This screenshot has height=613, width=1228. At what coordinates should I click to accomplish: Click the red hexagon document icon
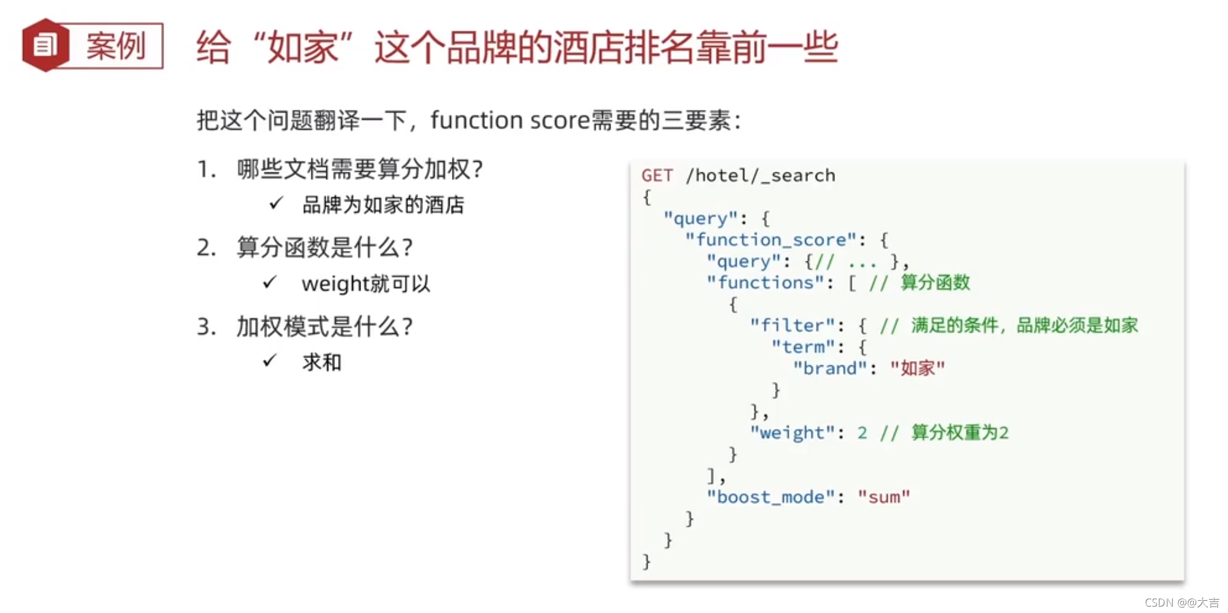point(45,45)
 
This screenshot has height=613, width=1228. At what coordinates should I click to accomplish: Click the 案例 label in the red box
point(116,46)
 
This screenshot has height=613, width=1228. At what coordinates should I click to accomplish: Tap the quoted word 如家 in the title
point(303,47)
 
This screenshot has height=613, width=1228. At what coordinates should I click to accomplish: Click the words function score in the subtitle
point(510,120)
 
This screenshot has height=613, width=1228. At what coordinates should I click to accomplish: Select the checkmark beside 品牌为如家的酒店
point(276,203)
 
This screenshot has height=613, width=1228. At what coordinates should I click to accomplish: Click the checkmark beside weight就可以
point(270,282)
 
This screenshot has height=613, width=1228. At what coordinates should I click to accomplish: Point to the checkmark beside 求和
point(270,361)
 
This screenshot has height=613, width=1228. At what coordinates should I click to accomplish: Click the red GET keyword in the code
point(657,175)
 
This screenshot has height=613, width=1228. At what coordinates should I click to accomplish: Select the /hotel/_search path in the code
point(760,175)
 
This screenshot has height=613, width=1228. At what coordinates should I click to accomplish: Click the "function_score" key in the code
point(770,239)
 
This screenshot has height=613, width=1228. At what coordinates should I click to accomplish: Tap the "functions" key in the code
point(765,282)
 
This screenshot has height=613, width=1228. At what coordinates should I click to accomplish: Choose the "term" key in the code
point(803,346)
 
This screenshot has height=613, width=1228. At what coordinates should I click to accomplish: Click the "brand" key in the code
point(830,368)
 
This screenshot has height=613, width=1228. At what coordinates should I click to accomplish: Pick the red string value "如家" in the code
point(917,368)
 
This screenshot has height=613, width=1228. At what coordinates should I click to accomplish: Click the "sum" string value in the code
point(884,497)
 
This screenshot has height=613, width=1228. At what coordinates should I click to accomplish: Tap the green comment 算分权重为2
point(959,433)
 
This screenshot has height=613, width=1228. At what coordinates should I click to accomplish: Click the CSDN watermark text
point(1182,603)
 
